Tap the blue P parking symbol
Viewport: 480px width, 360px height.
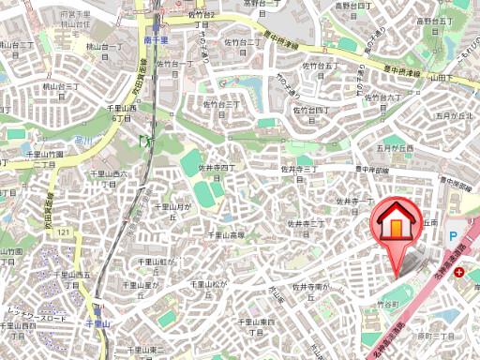[x=453, y=238]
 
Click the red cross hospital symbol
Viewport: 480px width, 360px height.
[x=458, y=272]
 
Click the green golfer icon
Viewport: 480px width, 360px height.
[x=145, y=140]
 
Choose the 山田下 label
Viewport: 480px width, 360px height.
[x=460, y=83]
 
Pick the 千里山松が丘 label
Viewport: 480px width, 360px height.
[x=207, y=283]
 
